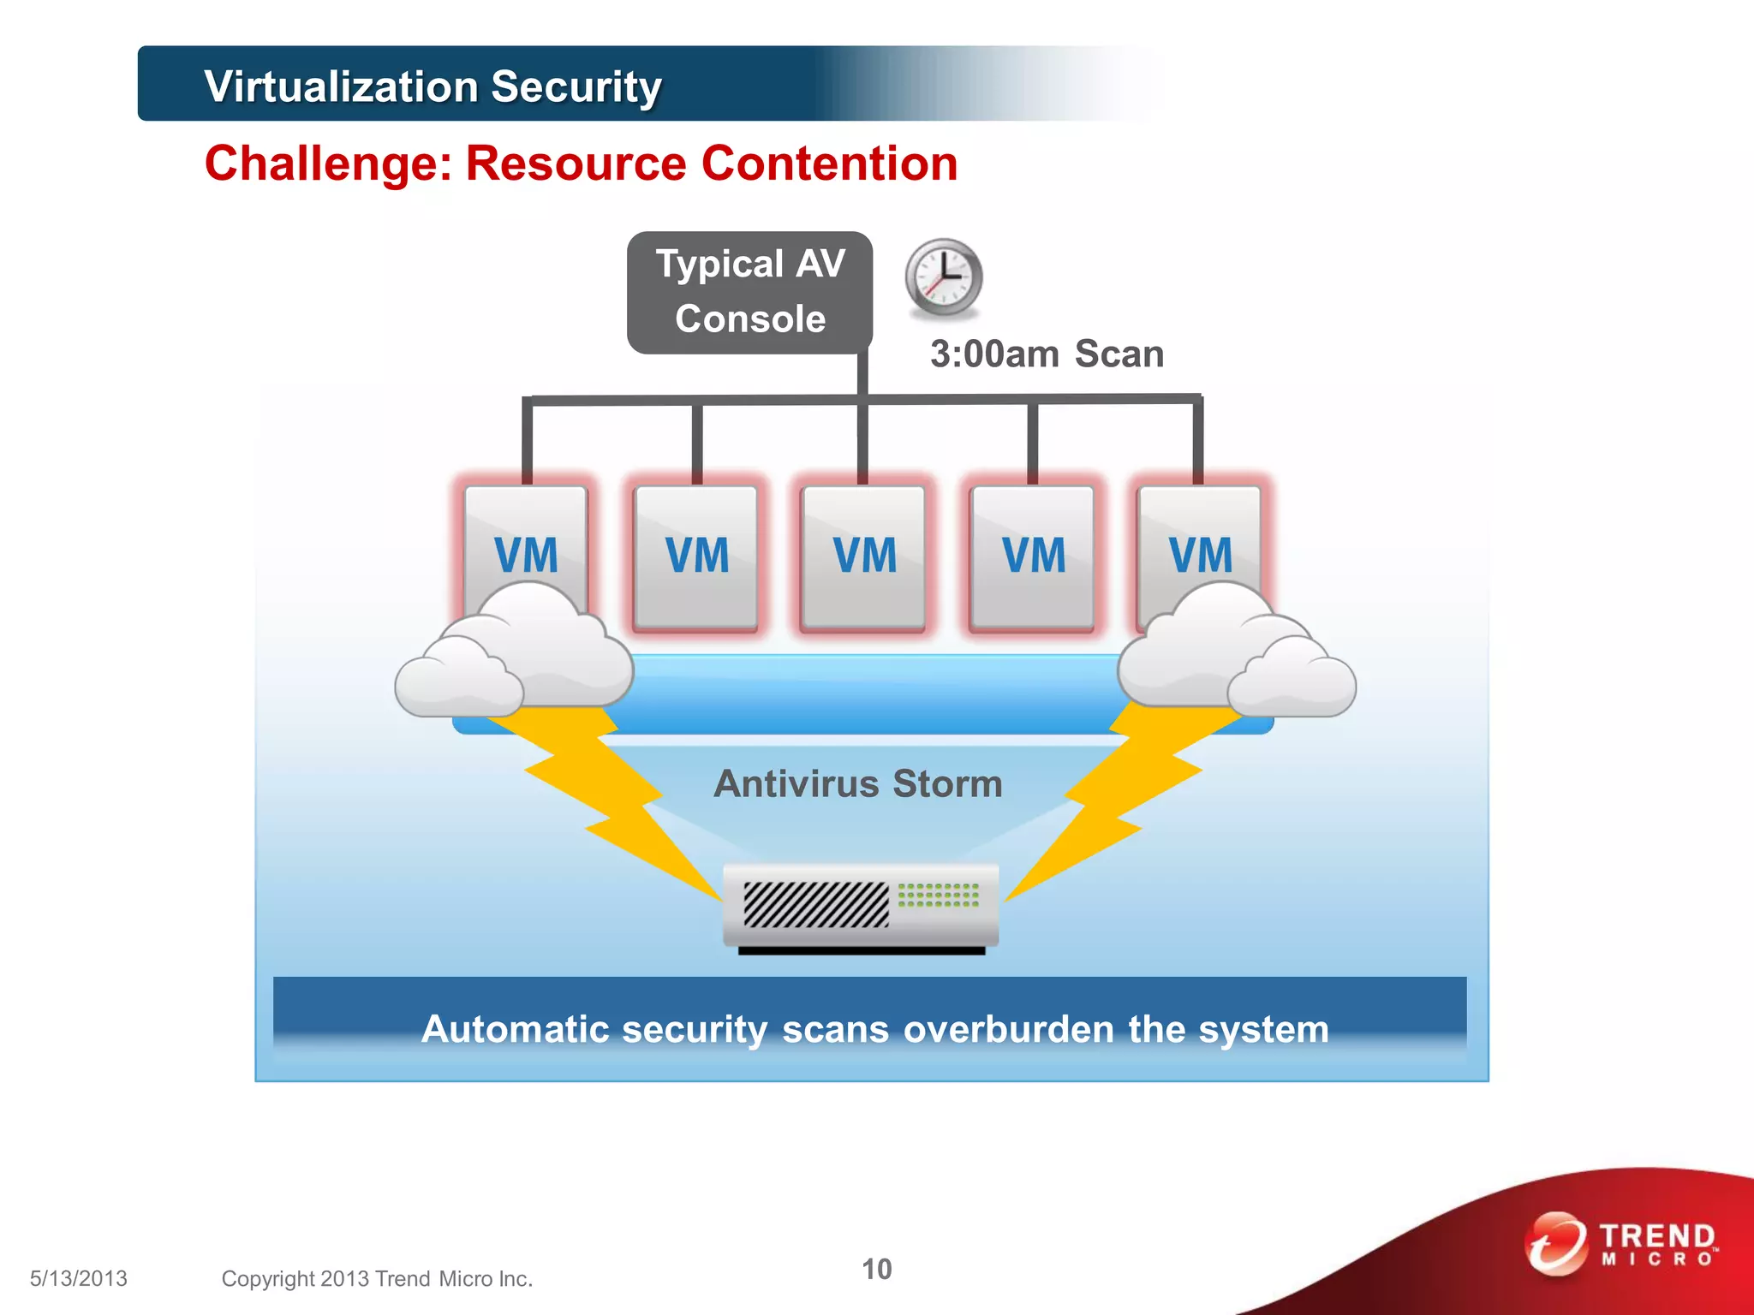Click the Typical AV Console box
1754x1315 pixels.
(x=749, y=292)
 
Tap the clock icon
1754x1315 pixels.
(x=944, y=277)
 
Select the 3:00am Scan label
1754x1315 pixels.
(x=1047, y=354)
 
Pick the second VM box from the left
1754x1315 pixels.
(x=696, y=556)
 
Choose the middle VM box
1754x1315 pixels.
(x=863, y=556)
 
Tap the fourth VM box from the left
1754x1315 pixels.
(x=1032, y=556)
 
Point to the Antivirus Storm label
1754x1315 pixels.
(x=858, y=783)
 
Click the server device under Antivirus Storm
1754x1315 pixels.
(x=860, y=907)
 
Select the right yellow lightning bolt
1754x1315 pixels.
(x=1113, y=796)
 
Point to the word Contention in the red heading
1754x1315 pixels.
(x=829, y=164)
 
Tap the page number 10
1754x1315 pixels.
(x=876, y=1269)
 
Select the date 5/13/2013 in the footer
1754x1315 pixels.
(x=79, y=1278)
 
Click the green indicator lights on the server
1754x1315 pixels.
(x=938, y=896)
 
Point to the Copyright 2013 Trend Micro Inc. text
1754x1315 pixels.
(x=377, y=1278)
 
